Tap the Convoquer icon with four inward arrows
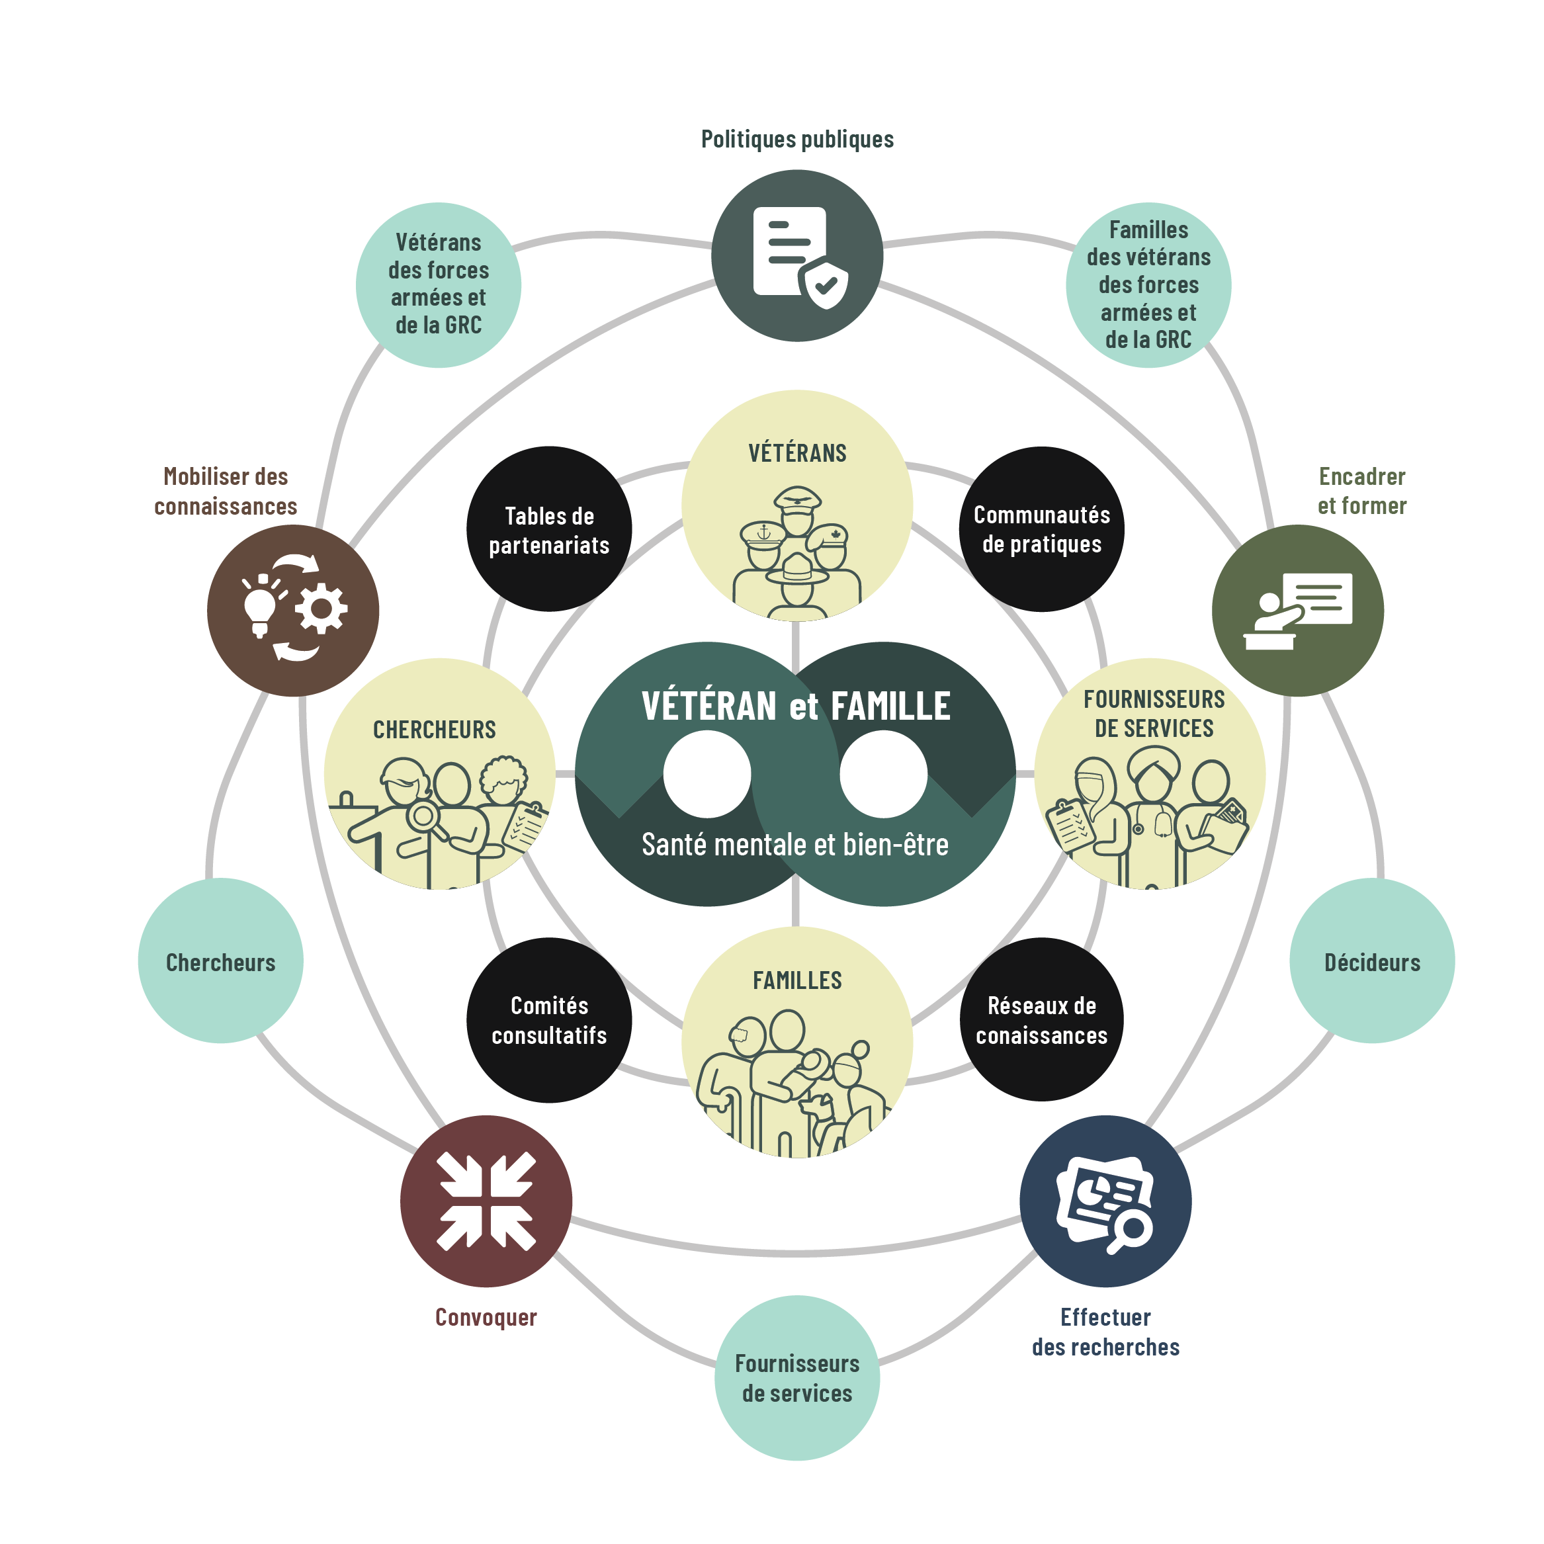(x=486, y=1201)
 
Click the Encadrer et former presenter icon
(x=1298, y=611)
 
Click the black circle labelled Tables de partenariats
(x=549, y=529)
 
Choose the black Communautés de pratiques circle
(x=1041, y=529)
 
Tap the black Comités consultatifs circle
(x=549, y=1021)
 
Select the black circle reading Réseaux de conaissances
(x=1041, y=1021)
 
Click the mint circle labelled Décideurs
(x=1372, y=961)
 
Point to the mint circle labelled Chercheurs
(x=220, y=961)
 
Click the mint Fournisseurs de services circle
(x=796, y=1378)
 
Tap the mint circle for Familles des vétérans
(x=1148, y=285)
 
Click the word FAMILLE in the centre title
(x=890, y=707)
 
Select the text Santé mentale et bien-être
(x=795, y=844)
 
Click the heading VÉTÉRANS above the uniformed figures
(x=796, y=453)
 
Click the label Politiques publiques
(x=796, y=139)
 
